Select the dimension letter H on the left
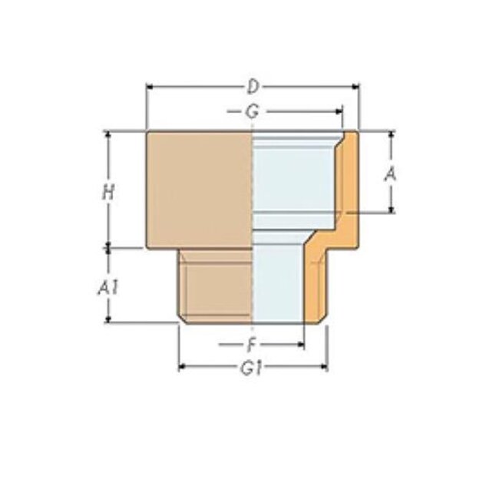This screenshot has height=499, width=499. tap(109, 192)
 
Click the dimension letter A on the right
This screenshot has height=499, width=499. tap(392, 174)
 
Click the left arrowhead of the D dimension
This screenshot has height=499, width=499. tap(150, 86)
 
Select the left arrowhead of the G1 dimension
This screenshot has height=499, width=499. tap(183, 368)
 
